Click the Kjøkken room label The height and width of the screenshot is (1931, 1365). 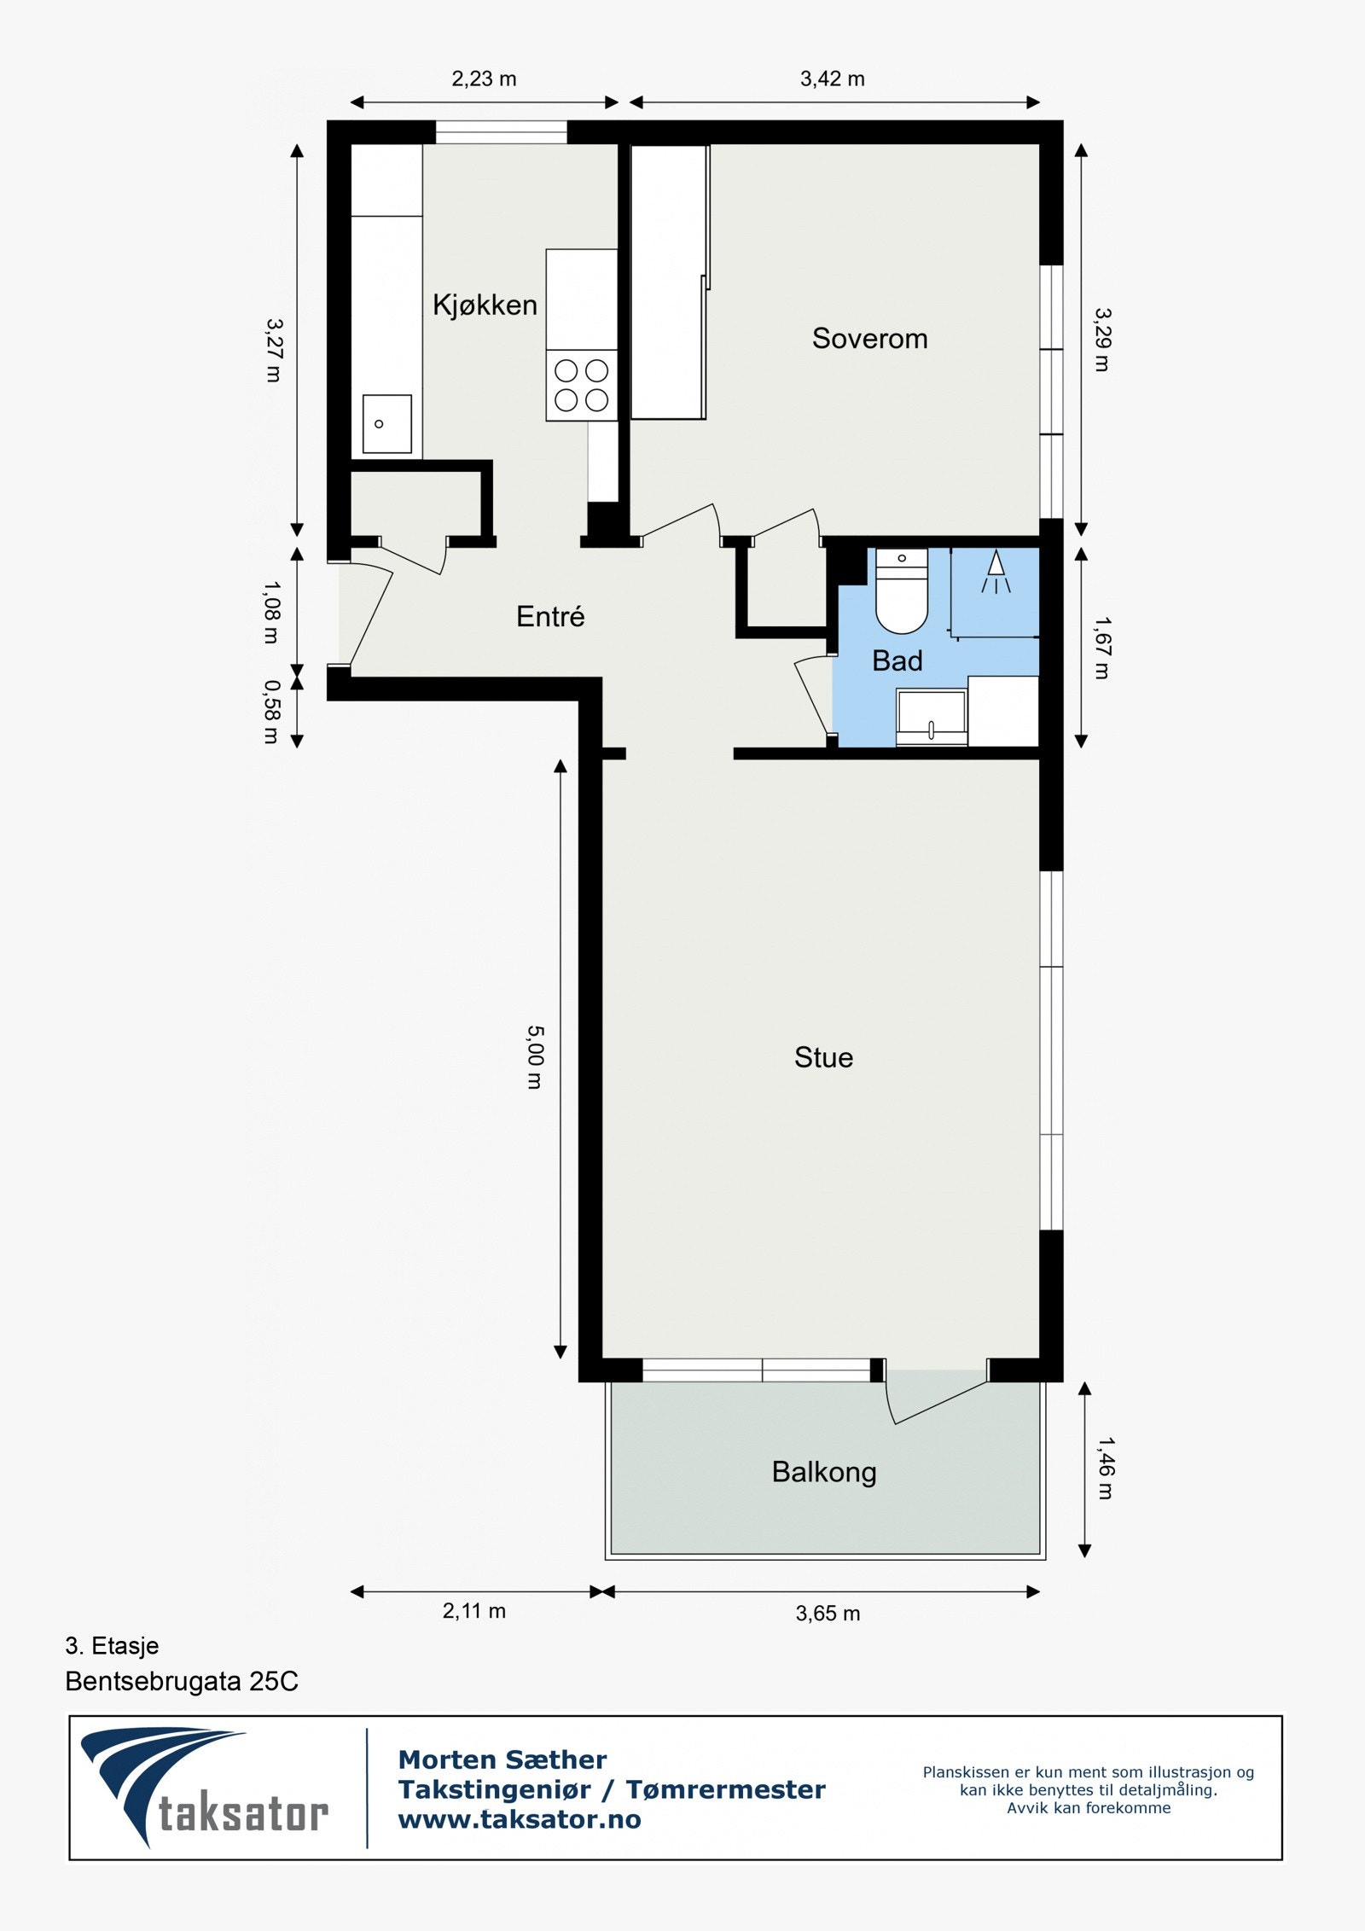coord(485,305)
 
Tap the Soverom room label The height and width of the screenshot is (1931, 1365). coord(869,338)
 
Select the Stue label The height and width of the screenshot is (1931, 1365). coord(823,1057)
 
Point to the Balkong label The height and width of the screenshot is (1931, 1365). coord(824,1472)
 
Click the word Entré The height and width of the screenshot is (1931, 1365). coord(550,616)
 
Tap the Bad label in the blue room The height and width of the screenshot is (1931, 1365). coord(897,660)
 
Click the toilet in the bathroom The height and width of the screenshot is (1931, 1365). coord(902,590)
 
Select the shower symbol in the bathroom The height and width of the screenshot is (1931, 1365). coord(996,572)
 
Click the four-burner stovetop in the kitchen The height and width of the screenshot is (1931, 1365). coord(581,385)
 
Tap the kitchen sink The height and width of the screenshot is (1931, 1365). coord(387,423)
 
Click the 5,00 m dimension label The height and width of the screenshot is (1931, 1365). coord(534,1057)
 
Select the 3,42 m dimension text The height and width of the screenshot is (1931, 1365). coord(832,79)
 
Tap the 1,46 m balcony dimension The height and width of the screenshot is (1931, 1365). coord(1105,1468)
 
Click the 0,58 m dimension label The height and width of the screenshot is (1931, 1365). coord(271,712)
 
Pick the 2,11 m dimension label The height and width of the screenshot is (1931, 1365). coord(473,1611)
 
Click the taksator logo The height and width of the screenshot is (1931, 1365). coord(205,1789)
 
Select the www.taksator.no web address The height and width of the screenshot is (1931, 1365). coord(520,1819)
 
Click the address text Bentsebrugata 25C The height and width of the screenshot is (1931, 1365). coord(182,1681)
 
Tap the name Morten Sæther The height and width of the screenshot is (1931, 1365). coord(502,1759)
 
